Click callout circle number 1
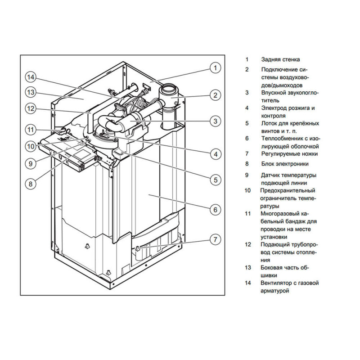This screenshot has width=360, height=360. tap(215, 68)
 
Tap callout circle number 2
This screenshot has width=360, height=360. tap(215, 95)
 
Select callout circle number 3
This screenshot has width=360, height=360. tap(215, 121)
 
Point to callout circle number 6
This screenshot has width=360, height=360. tap(215, 209)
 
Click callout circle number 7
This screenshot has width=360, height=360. tap(215, 239)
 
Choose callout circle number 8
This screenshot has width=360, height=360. tap(30, 183)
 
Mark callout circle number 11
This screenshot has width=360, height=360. tap(30, 130)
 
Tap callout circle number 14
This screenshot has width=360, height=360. tap(30, 77)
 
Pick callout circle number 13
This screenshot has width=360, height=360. tap(30, 93)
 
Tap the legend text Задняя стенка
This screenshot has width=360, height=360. tap(280, 59)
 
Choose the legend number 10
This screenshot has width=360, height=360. tap(247, 190)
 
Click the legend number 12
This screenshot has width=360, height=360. tap(247, 244)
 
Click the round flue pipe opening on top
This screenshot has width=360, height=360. tap(170, 89)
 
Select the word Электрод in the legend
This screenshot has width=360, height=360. tap(273, 108)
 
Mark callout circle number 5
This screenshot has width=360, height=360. tap(215, 180)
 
